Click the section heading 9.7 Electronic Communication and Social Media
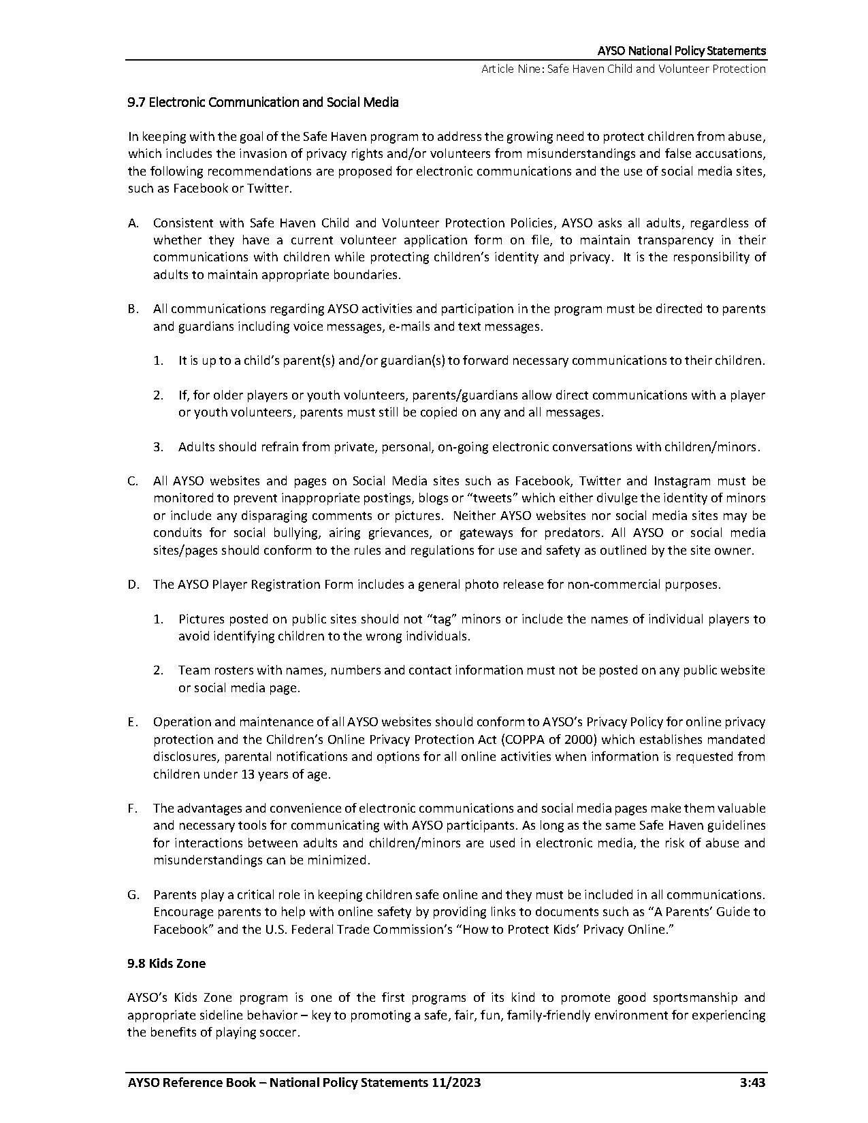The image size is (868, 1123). tap(263, 103)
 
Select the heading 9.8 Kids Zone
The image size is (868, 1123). tap(166, 964)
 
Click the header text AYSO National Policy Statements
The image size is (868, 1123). tap(681, 50)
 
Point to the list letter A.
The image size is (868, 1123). tap(133, 223)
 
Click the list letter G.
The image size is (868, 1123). tap(133, 895)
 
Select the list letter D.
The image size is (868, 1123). tap(133, 585)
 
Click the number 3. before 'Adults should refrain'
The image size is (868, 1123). tap(158, 447)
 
